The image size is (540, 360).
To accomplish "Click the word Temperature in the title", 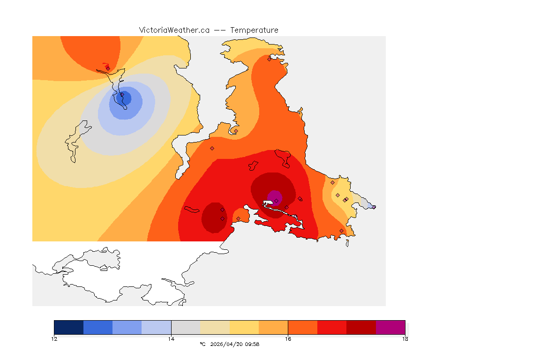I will (x=254, y=30).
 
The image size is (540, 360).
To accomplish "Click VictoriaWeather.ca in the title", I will (x=174, y=30).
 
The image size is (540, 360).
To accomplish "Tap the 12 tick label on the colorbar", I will (x=54, y=338).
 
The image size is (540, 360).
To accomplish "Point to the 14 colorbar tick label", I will (x=171, y=338).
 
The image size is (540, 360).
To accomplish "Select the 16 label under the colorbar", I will (x=288, y=338).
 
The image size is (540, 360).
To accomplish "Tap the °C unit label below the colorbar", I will (x=202, y=344).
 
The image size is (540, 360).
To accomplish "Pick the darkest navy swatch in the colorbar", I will (x=69, y=327).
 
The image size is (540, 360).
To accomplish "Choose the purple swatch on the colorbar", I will (x=390, y=327).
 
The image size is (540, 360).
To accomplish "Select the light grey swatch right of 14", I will (x=186, y=327).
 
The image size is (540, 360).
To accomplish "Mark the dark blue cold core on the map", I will (x=126, y=98).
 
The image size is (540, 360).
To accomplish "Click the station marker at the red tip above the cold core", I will (x=108, y=68).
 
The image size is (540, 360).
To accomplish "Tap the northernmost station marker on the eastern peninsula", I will (x=269, y=59).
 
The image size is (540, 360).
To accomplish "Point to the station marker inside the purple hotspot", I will (x=276, y=201).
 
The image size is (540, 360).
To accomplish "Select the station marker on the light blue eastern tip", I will (x=374, y=207).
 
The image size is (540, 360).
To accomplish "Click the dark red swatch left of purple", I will (x=361, y=327).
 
